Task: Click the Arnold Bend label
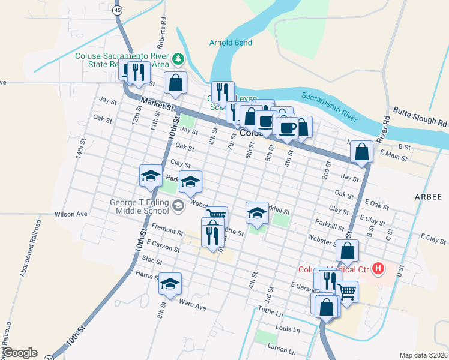231,43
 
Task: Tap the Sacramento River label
329,104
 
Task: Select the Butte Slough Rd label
421,116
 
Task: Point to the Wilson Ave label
71,214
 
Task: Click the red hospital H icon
378,268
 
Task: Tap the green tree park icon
178,59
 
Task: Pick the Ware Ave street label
192,307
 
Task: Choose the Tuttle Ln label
270,313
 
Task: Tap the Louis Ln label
288,329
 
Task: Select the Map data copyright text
423,355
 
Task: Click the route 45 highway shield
118,10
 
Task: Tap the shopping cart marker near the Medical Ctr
347,292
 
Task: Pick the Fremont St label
167,230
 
